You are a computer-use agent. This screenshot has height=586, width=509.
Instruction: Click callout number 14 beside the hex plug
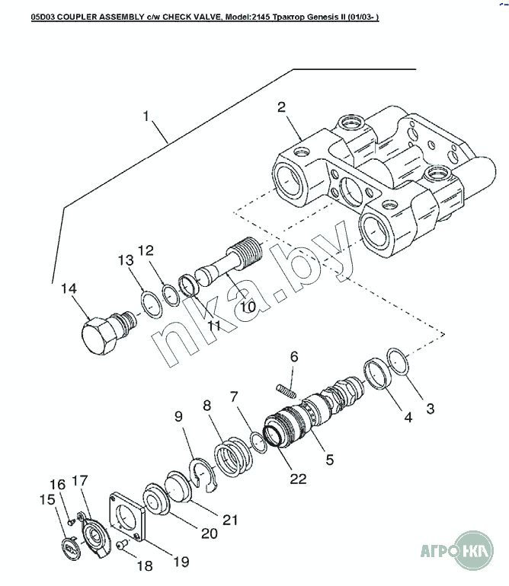tap(69, 288)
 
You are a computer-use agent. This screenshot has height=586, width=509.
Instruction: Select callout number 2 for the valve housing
tap(281, 107)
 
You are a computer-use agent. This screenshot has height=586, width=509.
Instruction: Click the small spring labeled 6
tap(287, 391)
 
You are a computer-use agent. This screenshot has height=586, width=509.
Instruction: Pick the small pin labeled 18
tap(122, 545)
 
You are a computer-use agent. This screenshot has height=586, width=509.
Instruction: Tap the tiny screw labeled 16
tap(70, 521)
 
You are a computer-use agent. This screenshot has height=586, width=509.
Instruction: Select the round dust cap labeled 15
tap(71, 548)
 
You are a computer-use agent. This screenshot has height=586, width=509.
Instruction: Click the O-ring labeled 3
tap(398, 361)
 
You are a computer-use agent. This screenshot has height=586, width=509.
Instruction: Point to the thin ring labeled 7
tap(258, 442)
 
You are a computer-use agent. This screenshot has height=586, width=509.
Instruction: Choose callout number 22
tap(298, 479)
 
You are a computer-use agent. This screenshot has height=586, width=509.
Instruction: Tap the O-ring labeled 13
tap(152, 306)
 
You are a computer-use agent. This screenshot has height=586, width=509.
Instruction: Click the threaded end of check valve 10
tap(245, 254)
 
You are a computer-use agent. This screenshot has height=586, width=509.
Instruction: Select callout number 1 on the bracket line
tap(146, 116)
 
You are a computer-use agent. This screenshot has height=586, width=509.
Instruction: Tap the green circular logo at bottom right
tap(473, 550)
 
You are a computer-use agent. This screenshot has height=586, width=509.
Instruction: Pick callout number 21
tap(230, 520)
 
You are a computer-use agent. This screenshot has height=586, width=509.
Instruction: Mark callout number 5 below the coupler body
tap(329, 460)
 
